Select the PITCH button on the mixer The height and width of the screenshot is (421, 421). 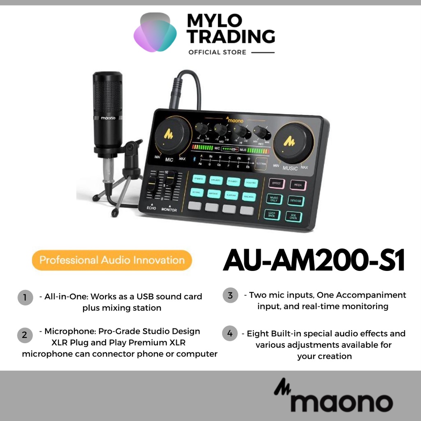[298, 185]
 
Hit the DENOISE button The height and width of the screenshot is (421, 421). [296, 201]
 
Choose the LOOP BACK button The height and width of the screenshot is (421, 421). [272, 214]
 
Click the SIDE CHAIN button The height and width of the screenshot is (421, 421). [294, 217]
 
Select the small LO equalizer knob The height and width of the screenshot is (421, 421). [201, 129]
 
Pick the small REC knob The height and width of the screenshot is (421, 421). [260, 132]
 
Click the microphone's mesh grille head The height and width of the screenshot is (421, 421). [107, 94]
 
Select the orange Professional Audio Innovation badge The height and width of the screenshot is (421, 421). [111, 260]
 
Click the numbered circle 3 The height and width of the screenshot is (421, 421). [230, 295]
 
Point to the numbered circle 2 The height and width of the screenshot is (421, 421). [25, 335]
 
